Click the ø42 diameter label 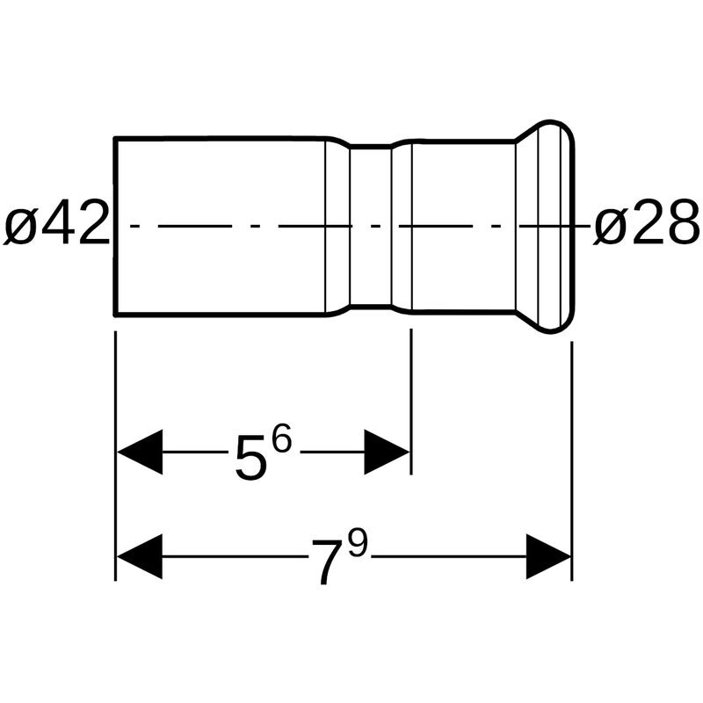pyautogui.click(x=57, y=223)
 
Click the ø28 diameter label pyautogui.click(x=646, y=223)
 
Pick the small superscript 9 pyautogui.click(x=358, y=544)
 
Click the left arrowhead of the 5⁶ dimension pyautogui.click(x=140, y=452)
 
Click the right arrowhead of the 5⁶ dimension pyautogui.click(x=387, y=452)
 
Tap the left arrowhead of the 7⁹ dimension pyautogui.click(x=140, y=556)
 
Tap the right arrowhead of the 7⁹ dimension pyautogui.click(x=548, y=556)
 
